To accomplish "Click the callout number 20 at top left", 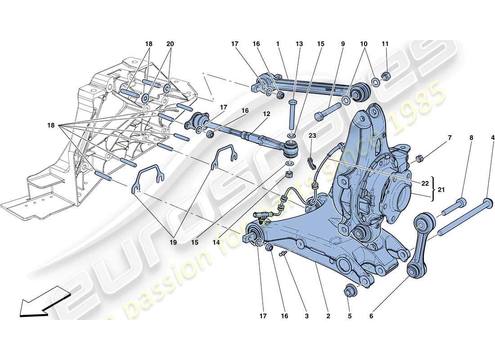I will [x=170, y=44].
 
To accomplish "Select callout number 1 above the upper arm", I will [x=278, y=44].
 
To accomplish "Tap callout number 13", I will [x=299, y=44].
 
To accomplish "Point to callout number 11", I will [x=385, y=44].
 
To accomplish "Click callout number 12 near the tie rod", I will [x=266, y=114].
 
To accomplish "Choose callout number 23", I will [x=313, y=135].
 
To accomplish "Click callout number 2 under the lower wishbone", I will [x=328, y=316].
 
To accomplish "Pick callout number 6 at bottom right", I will [x=371, y=316].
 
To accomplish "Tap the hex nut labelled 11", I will [x=385, y=75].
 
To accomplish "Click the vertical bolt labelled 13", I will [x=292, y=115].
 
